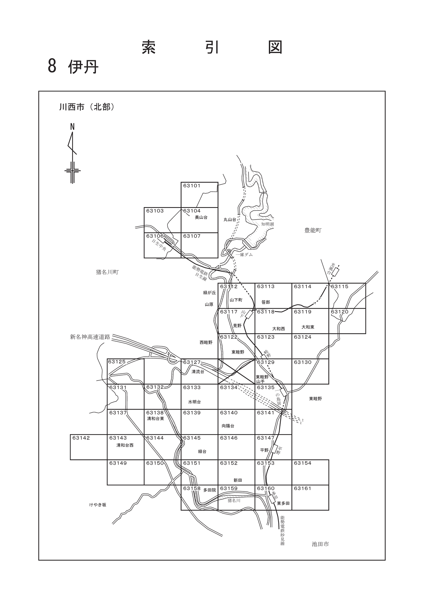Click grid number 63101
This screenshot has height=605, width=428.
click(x=192, y=186)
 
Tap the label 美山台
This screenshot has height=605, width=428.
click(x=201, y=217)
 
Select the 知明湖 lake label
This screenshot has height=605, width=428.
click(x=268, y=224)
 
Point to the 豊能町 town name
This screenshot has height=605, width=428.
click(x=313, y=230)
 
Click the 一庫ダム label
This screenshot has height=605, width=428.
click(x=244, y=255)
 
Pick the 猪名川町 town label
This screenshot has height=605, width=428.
click(x=107, y=272)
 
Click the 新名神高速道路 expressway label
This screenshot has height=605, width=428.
click(x=90, y=337)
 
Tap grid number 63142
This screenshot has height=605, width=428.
click(x=81, y=438)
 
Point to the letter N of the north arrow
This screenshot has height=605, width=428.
click(x=72, y=126)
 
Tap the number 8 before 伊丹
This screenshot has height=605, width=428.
click(x=52, y=67)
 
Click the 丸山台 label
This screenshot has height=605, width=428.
click(x=230, y=220)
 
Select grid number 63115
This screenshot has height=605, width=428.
click(x=340, y=287)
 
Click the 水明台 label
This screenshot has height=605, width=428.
click(x=194, y=402)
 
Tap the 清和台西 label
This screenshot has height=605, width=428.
click(x=125, y=445)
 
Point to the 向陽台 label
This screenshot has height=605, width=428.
click(x=228, y=426)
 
